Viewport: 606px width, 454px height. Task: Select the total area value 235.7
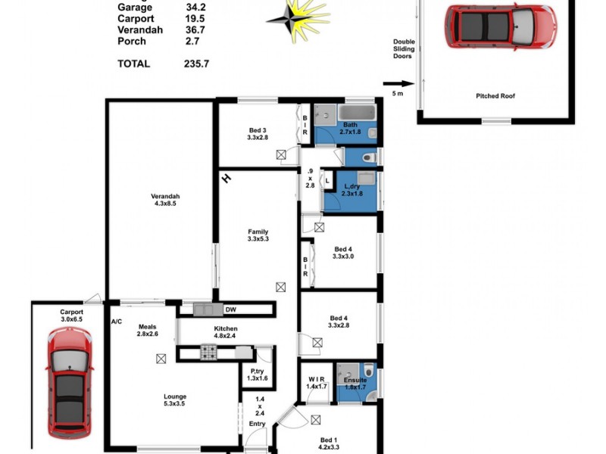pos(194,64)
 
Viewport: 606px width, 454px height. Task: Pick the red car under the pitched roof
pos(500,26)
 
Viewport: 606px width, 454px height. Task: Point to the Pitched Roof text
pos(495,96)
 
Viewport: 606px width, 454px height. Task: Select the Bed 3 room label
pos(259,132)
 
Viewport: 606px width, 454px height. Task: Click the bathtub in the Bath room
pos(357,113)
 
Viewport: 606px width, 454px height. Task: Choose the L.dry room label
pos(351,189)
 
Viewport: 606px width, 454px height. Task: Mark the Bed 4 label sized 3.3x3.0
pos(342,253)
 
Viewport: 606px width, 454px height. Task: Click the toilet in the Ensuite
pos(367,371)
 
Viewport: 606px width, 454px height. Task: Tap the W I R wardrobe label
pos(316,382)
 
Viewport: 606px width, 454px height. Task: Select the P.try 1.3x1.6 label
pos(258,374)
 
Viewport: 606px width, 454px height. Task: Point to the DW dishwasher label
pos(230,309)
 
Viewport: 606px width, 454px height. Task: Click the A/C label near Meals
pos(116,322)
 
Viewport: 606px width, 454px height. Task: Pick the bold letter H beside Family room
pos(226,179)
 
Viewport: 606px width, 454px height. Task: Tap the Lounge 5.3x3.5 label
pos(175,400)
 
